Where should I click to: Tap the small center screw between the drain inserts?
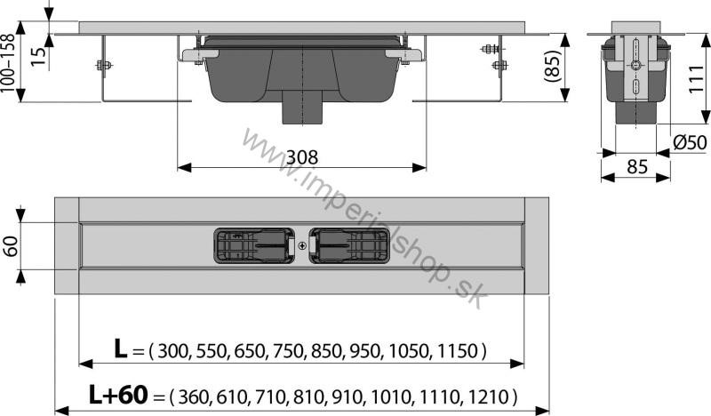302,246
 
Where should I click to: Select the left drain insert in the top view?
255,246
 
